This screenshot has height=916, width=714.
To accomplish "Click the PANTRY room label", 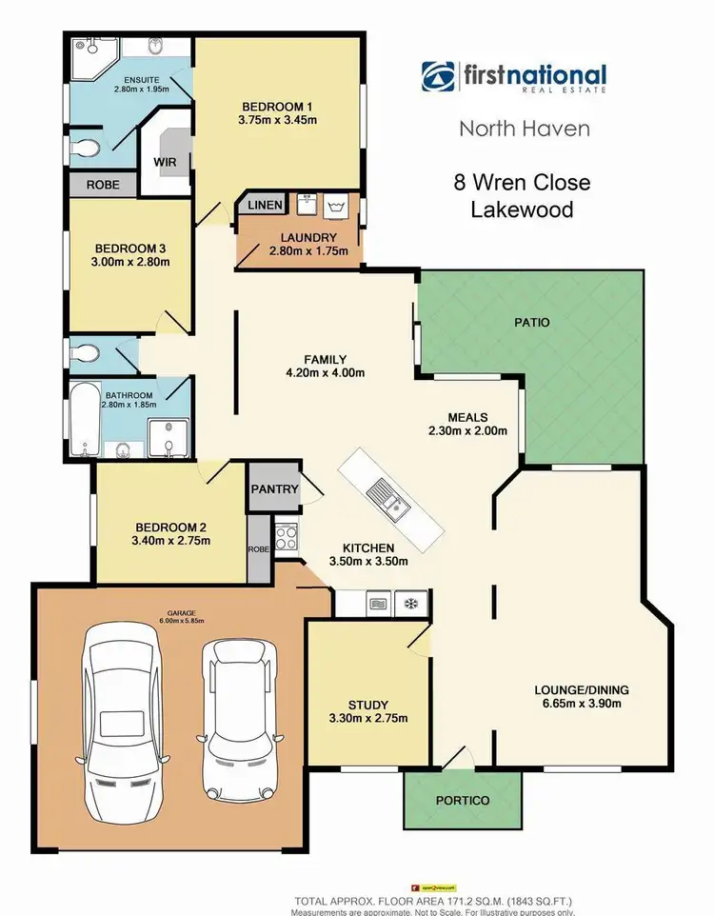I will pos(275,490).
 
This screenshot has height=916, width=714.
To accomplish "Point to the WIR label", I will pos(166,162).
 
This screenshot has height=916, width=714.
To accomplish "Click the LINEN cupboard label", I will pos(265,206).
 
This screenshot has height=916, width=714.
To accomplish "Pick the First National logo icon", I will pos(440,77).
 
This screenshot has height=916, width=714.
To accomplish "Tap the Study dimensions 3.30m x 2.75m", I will pos(367,718).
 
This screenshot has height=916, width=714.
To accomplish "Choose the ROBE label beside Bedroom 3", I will pos(103,185).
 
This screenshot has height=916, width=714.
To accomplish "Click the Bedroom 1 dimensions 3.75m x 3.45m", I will pos(277,121).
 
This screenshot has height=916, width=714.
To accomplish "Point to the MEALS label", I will pos(467,417).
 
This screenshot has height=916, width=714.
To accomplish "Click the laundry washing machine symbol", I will pos(335,205).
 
